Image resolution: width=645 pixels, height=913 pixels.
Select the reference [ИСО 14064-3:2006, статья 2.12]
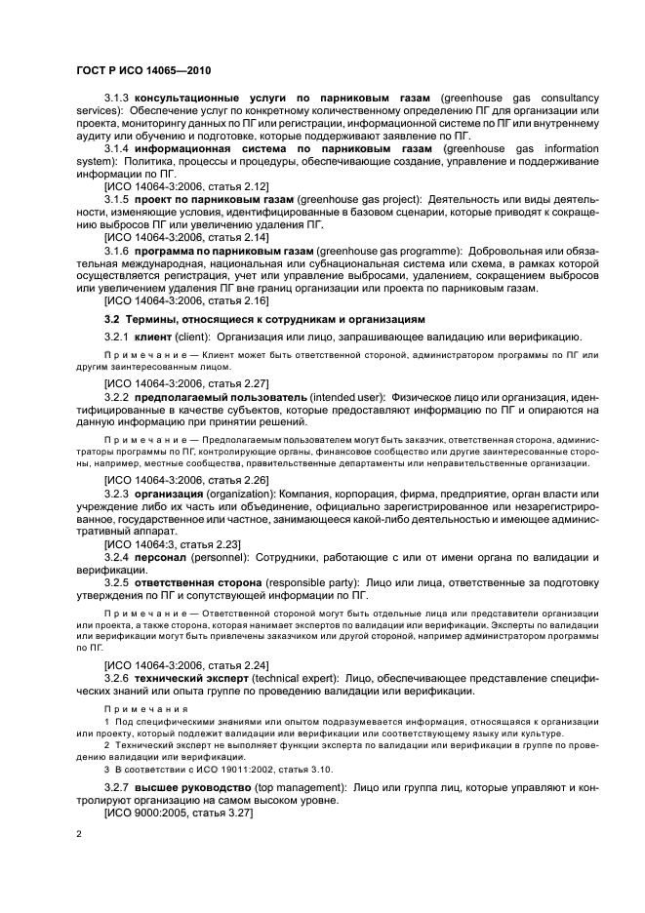(x=186, y=184)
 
